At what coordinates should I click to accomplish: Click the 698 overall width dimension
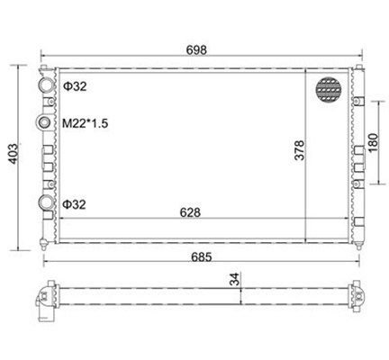click(x=196, y=49)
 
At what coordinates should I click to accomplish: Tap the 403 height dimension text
click(x=14, y=154)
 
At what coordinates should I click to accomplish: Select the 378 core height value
click(x=299, y=150)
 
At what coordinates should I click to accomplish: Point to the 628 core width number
click(x=190, y=212)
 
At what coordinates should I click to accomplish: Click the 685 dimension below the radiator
click(x=202, y=257)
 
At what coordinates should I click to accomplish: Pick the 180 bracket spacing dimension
click(x=373, y=142)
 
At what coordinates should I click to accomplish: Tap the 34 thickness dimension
click(x=235, y=279)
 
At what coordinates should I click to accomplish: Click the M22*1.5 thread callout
click(x=85, y=123)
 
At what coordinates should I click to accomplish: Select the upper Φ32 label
click(x=75, y=86)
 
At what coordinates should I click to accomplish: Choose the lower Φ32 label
click(x=74, y=204)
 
